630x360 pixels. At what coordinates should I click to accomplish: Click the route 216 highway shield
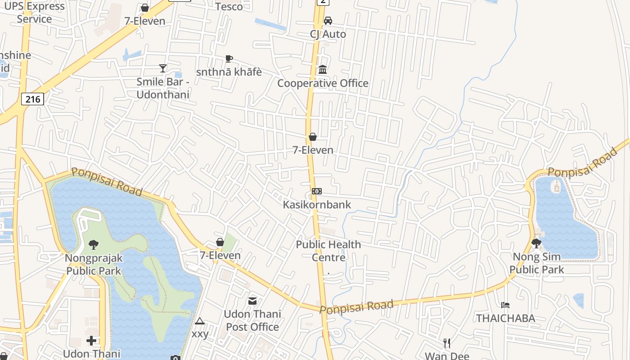click(x=33, y=99)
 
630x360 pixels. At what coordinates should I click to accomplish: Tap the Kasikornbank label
click(x=317, y=204)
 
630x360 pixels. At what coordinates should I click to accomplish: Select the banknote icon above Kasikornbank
click(x=317, y=191)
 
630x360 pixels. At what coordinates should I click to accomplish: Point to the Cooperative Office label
click(x=323, y=83)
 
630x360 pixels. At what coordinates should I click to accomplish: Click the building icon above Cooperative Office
click(x=323, y=70)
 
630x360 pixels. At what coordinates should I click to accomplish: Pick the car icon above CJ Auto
click(x=328, y=21)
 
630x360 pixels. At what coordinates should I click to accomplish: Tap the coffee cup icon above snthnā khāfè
click(x=229, y=59)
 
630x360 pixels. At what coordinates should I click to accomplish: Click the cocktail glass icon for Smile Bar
click(x=163, y=68)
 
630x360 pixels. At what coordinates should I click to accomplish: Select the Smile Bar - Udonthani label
click(x=163, y=88)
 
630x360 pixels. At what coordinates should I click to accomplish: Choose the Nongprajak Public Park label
click(x=94, y=264)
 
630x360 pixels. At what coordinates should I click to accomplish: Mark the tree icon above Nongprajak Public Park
click(x=94, y=245)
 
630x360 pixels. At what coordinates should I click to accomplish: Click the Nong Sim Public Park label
click(x=536, y=263)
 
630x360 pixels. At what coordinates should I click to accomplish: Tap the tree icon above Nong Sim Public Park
click(x=536, y=243)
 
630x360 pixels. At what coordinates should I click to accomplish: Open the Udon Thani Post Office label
click(x=252, y=320)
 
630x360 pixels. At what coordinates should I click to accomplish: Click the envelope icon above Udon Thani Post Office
click(x=252, y=301)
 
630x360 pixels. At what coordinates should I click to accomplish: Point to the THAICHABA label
click(x=506, y=318)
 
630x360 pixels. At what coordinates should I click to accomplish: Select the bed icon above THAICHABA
click(x=505, y=305)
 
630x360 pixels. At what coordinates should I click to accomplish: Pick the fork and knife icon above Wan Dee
click(x=447, y=343)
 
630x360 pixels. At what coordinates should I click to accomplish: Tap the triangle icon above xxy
click(x=200, y=321)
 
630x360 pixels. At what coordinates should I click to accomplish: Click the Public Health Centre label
click(x=328, y=251)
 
